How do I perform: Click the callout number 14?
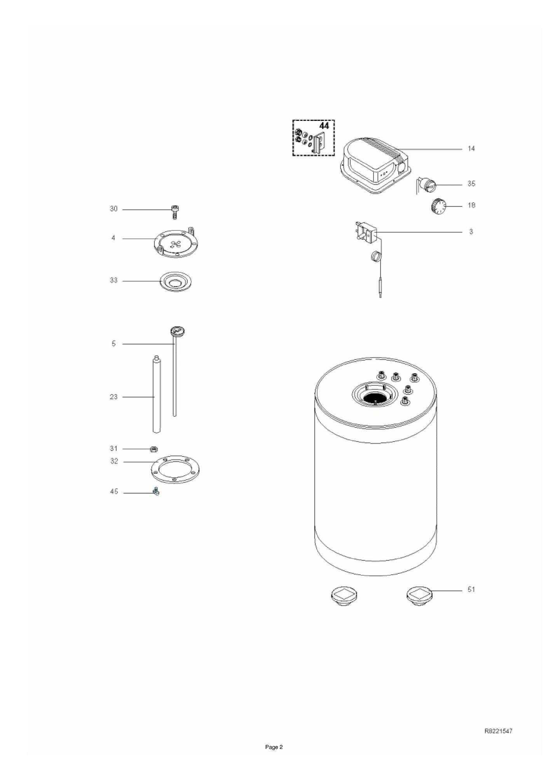(471, 149)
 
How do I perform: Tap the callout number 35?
(471, 184)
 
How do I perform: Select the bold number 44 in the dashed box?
(324, 126)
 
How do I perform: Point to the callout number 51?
(471, 589)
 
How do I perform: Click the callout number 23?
(113, 397)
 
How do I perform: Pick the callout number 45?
(114, 492)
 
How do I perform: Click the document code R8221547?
(498, 731)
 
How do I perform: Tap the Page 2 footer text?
(274, 747)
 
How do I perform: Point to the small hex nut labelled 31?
(154, 449)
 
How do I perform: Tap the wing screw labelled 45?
(156, 492)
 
